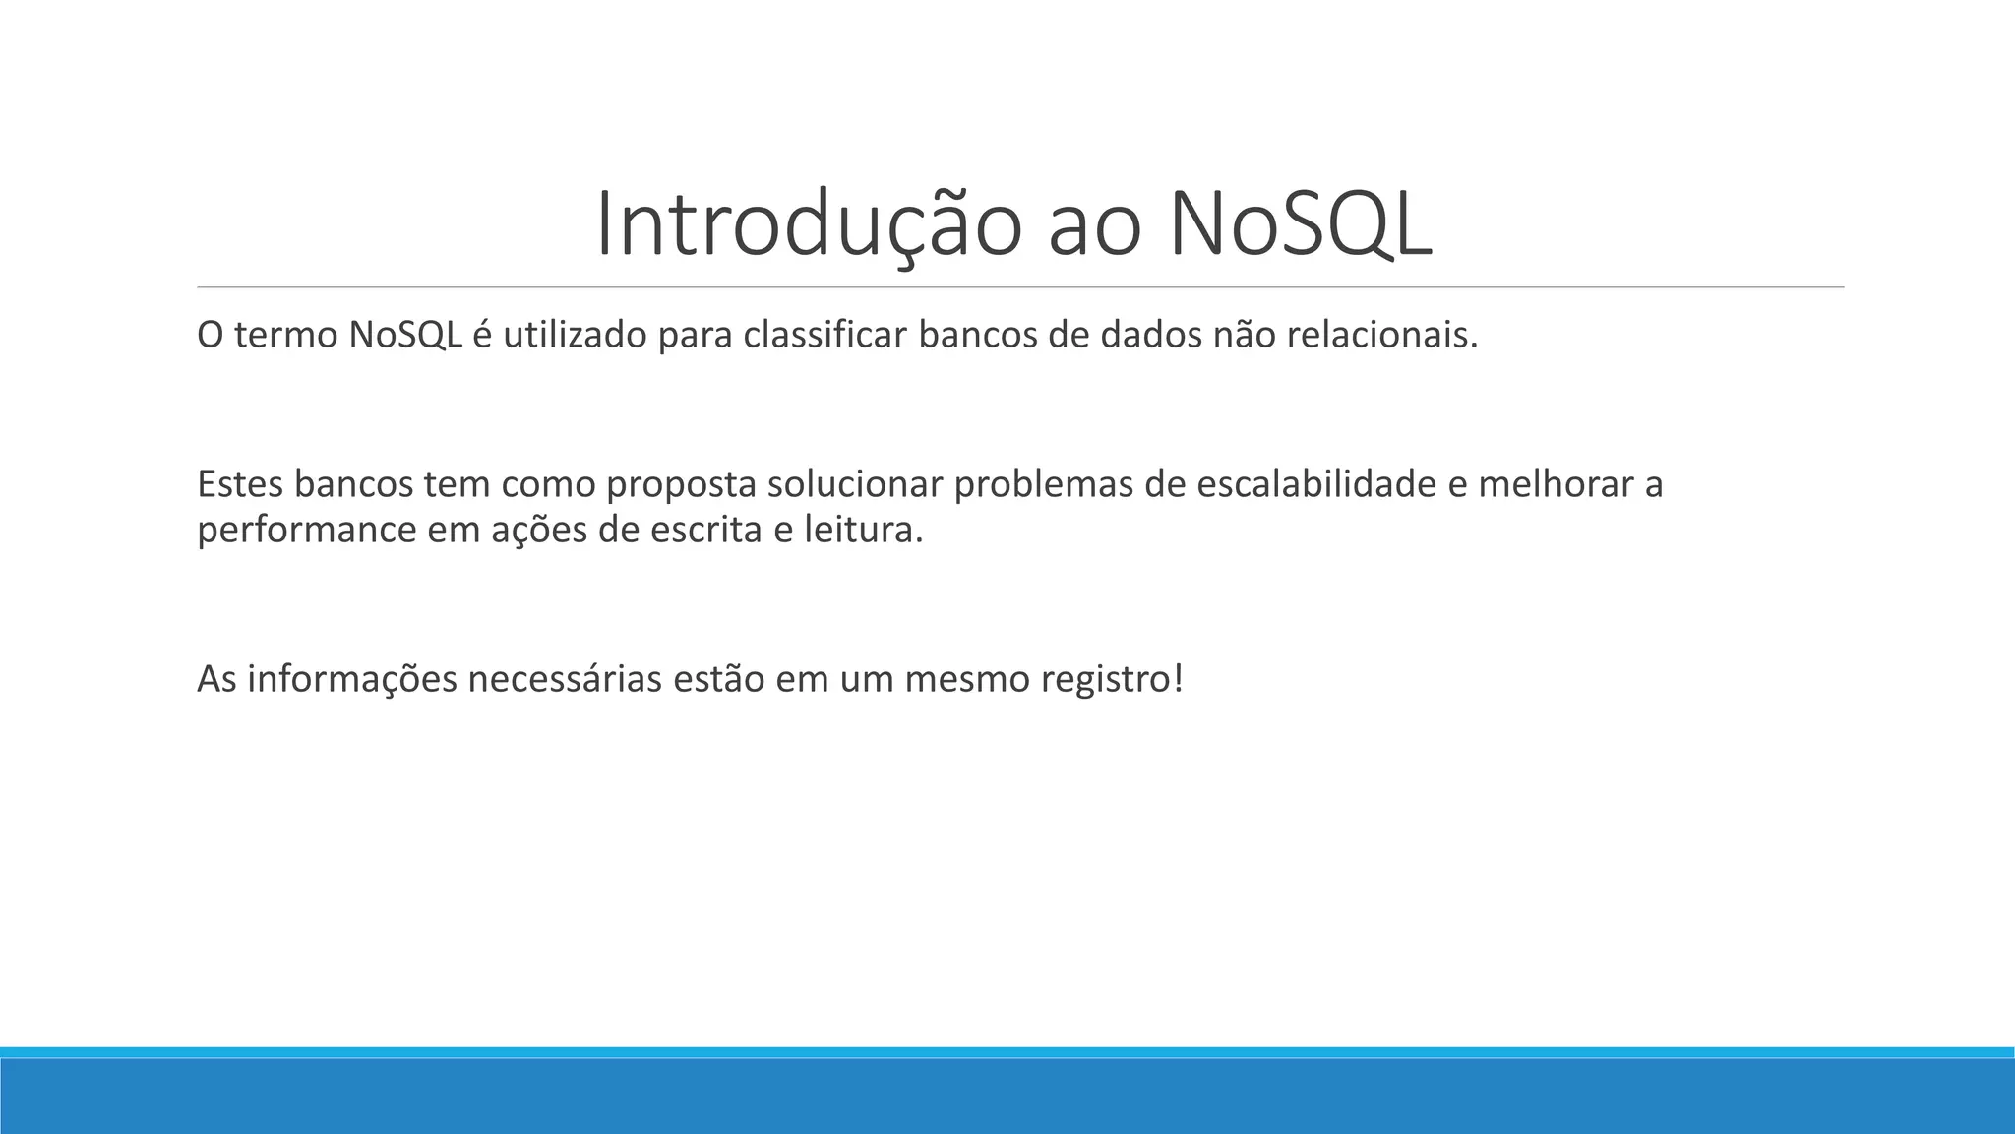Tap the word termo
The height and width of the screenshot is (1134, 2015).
(286, 336)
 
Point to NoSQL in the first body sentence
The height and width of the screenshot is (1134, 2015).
(405, 336)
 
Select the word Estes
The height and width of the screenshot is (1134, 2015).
(240, 484)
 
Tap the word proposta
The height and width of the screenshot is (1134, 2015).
(680, 486)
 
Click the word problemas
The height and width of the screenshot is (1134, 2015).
(1043, 484)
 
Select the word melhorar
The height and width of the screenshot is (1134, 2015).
(1556, 484)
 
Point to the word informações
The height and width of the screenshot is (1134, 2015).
(352, 679)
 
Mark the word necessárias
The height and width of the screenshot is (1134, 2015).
(565, 679)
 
